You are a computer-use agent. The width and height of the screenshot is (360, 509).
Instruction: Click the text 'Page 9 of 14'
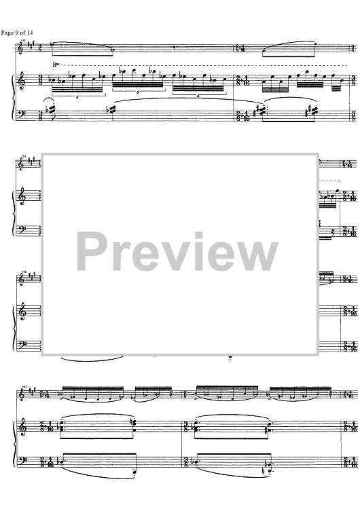point(17,33)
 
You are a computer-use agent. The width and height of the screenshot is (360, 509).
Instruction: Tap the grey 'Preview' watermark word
point(177,252)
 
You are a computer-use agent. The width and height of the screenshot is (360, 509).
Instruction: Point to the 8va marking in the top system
point(56,65)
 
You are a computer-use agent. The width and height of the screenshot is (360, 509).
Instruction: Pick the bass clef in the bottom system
point(22,461)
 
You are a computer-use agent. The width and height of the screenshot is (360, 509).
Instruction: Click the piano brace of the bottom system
point(14,445)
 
